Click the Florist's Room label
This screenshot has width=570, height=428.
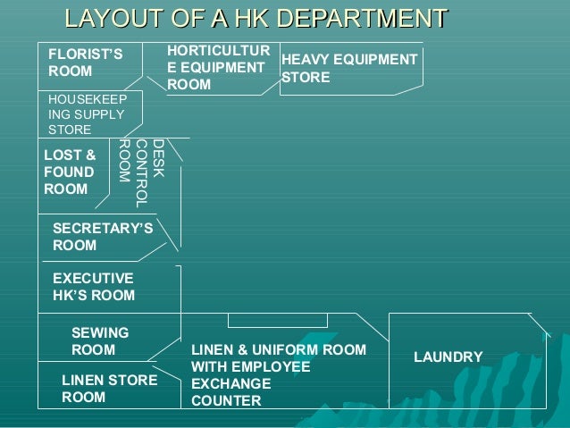point(85,63)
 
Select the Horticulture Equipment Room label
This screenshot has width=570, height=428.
point(217,68)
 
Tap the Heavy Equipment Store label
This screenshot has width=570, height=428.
point(348,68)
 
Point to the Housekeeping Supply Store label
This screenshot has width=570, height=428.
point(87,114)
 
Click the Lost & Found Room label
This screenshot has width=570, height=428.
point(70,172)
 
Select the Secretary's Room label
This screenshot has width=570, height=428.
point(103,237)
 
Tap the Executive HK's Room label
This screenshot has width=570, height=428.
point(94,287)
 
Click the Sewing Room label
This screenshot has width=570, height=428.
point(100,341)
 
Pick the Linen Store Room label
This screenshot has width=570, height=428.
point(109,389)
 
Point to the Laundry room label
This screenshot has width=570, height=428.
point(448,357)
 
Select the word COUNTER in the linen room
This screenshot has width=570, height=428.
point(227,401)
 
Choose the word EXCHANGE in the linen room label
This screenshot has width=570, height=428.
point(230,384)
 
